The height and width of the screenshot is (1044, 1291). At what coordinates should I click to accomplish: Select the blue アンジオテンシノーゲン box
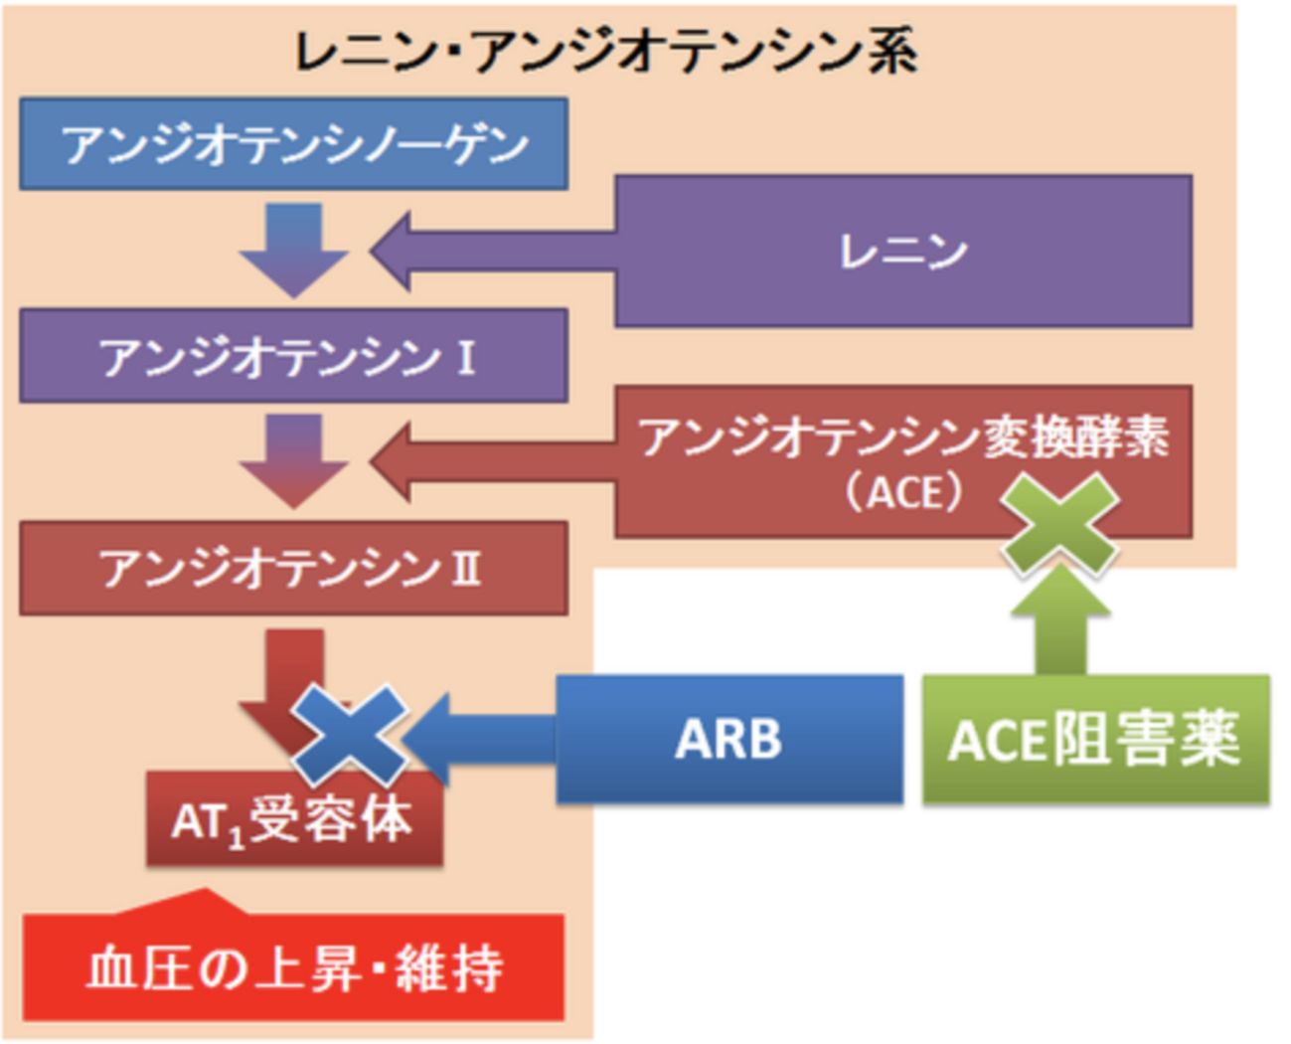293,144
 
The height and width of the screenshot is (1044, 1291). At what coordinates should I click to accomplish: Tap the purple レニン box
902,251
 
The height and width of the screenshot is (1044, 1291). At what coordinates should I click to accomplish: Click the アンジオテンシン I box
293,356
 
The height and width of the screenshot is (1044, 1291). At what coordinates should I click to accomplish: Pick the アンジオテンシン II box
293,569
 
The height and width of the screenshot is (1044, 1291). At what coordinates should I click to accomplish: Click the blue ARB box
728,739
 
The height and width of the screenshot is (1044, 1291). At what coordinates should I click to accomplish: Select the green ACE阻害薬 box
1095,739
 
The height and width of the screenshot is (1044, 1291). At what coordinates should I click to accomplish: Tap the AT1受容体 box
293,821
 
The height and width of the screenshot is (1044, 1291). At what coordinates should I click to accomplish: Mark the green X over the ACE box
1059,524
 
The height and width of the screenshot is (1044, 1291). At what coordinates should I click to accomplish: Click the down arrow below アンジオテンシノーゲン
293,249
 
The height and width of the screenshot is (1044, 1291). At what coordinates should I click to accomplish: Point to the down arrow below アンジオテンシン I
293,459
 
